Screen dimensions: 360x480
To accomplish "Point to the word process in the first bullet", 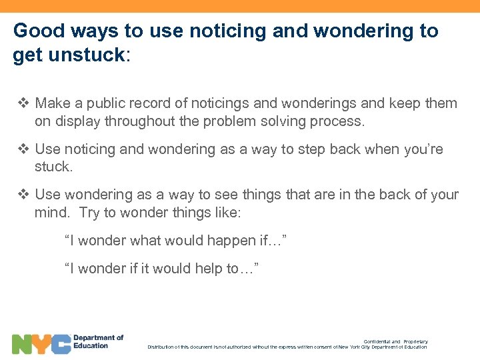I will [x=337, y=121].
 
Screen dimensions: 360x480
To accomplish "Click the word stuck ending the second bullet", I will [x=53, y=167].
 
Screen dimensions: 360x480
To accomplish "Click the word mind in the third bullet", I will [x=52, y=213].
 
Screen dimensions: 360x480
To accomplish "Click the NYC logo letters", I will [x=41, y=344].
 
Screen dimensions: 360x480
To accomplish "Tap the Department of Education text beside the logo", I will [x=98, y=341].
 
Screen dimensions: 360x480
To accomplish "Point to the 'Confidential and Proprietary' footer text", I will [x=395, y=341].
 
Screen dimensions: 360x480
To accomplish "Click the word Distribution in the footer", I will [x=164, y=347].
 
